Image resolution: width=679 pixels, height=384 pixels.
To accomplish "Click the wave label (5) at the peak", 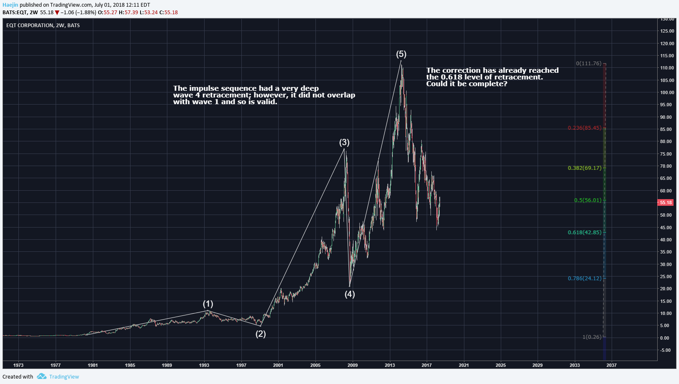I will [401, 54].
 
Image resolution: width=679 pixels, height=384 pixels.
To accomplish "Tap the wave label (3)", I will [344, 142].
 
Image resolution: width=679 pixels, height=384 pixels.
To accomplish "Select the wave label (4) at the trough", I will [350, 294].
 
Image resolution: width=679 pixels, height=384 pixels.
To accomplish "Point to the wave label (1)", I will [208, 304].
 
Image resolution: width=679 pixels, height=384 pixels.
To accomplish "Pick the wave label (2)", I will [261, 334].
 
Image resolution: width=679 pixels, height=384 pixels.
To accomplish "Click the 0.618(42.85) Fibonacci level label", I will [584, 232].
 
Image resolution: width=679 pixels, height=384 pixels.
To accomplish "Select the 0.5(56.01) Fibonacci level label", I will [587, 200].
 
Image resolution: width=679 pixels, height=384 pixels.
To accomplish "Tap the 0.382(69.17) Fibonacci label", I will [584, 168].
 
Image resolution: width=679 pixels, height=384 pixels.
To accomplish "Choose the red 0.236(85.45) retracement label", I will [584, 128].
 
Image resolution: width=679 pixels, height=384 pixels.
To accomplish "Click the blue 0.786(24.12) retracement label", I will [584, 279].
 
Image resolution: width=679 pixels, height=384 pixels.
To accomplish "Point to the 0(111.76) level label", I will [588, 64].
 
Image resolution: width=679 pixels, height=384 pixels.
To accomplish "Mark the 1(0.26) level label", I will [592, 337].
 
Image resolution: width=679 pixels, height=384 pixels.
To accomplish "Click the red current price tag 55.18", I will [666, 202].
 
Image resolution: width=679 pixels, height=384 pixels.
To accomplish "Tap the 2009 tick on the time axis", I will [353, 365].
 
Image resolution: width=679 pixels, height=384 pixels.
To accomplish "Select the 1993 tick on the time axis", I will [204, 365].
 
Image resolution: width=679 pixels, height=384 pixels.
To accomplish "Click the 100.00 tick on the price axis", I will [667, 92].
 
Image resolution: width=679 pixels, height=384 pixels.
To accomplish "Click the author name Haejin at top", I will [10, 5].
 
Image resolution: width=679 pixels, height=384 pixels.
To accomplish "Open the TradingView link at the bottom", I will [64, 376].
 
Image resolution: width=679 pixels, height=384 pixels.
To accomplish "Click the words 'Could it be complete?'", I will [466, 84].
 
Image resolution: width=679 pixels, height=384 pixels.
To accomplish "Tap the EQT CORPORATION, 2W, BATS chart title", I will [43, 26].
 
